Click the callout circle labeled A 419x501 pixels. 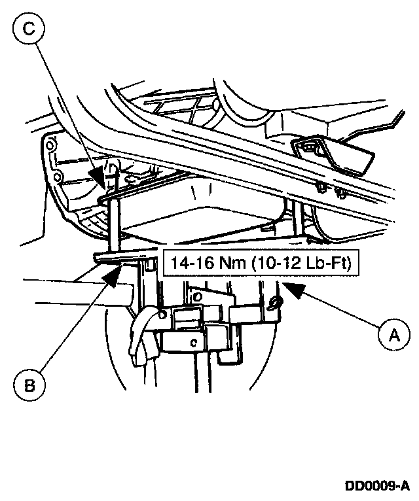pos(394,336)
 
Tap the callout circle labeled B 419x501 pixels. pos(29,384)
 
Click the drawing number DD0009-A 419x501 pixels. pos(378,486)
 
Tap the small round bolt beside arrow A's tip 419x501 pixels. pos(276,301)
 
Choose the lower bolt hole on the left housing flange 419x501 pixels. pos(58,177)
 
